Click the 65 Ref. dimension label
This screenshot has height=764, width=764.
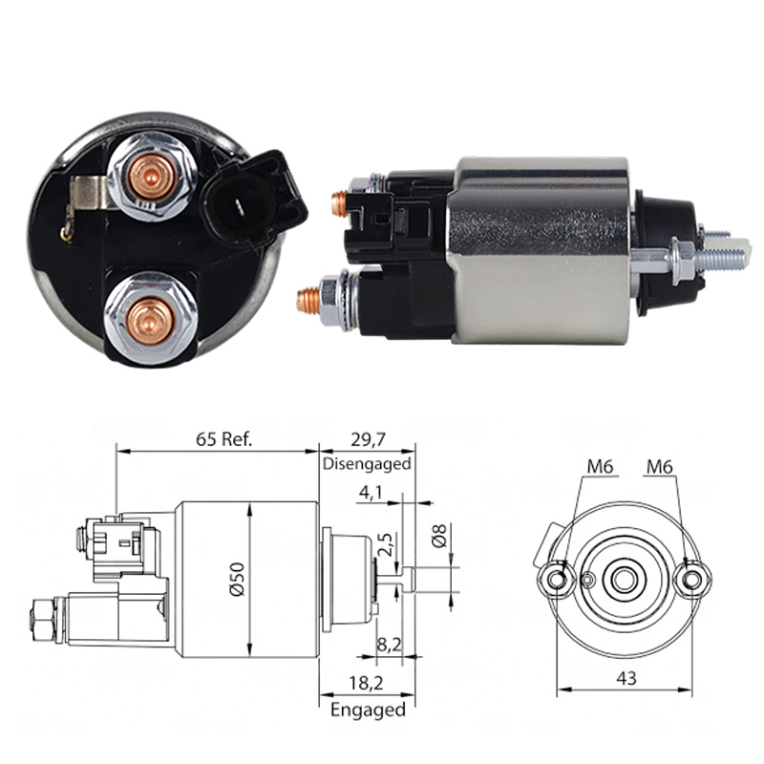[224, 439]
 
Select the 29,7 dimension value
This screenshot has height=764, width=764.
[368, 440]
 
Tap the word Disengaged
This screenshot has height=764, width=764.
[367, 463]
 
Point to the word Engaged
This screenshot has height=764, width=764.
[368, 710]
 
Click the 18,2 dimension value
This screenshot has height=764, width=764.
[367, 683]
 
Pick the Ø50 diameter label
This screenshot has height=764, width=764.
[237, 580]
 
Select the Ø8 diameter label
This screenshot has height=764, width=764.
[439, 536]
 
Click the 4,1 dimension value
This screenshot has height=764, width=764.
[371, 493]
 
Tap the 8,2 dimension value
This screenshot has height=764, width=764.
[390, 645]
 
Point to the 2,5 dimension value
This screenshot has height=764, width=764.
[385, 544]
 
